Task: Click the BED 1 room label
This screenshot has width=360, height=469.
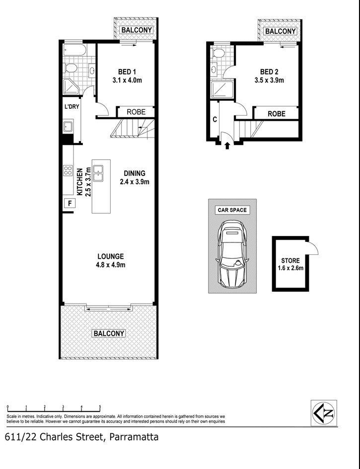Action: pos(121,72)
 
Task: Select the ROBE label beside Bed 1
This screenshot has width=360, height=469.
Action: pos(136,112)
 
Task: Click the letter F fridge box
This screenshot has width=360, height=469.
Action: pos(70,203)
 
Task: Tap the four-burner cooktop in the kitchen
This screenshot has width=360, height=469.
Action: pos(68,171)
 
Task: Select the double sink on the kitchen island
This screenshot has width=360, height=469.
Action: pos(98,171)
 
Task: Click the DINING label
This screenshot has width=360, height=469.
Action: pos(135,173)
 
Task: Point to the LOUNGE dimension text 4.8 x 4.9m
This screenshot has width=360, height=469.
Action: pos(111,265)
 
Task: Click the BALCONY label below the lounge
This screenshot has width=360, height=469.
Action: pos(109,333)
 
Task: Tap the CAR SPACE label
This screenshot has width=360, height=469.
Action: pos(232,210)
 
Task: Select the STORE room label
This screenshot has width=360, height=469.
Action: pos(290,260)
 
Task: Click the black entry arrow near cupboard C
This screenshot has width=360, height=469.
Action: pos(228,146)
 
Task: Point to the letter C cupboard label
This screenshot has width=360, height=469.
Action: pos(215,119)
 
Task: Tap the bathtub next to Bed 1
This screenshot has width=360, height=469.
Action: pos(75,50)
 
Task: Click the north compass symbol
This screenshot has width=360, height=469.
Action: pos(323,412)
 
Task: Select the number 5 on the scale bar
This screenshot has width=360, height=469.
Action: pos(100,406)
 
